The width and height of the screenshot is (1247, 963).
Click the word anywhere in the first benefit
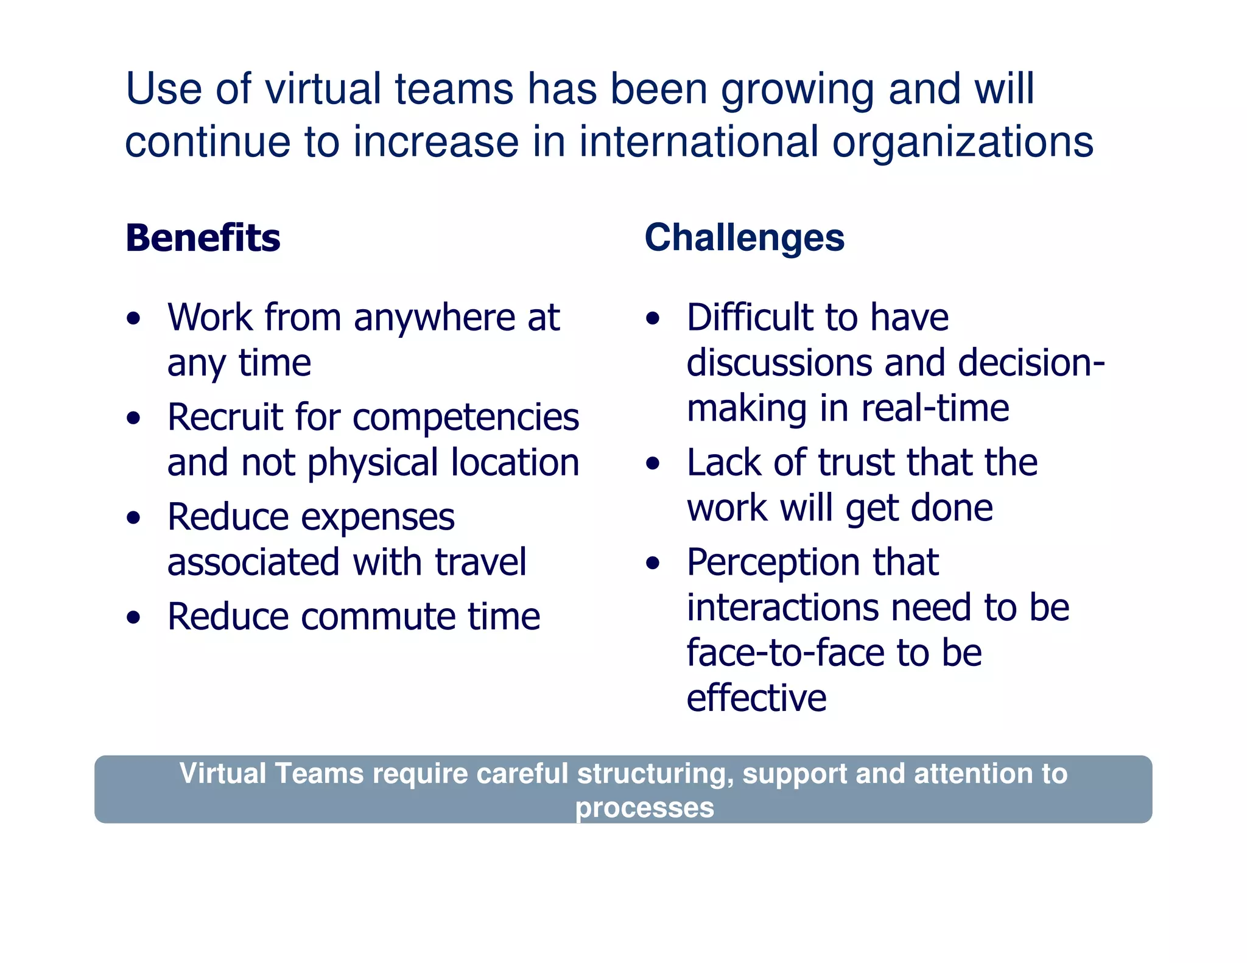pos(434,318)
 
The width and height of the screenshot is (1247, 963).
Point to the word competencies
pos(466,418)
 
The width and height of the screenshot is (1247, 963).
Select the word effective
pos(756,698)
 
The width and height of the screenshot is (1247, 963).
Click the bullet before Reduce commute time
pos(133,618)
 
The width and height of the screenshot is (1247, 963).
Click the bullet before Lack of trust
pos(653,464)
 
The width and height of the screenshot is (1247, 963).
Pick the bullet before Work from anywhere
pos(133,318)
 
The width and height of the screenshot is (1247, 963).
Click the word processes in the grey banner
pos(644,808)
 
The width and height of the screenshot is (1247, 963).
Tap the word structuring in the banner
pos(655,774)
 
